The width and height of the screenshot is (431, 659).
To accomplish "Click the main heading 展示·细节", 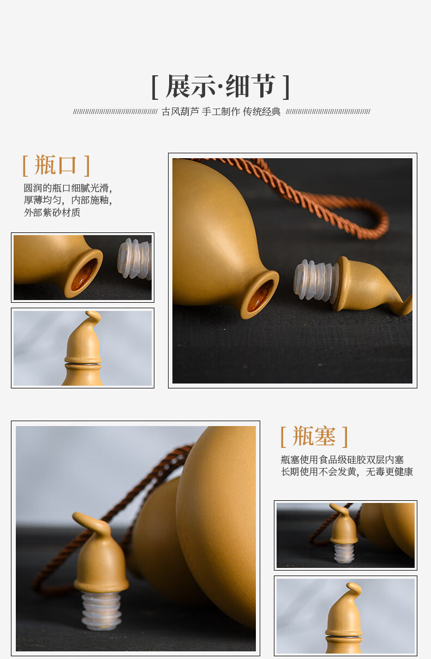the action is click(x=221, y=86).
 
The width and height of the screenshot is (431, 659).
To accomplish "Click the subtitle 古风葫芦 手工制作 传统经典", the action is click(x=221, y=112).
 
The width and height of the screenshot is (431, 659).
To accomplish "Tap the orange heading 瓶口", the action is click(x=56, y=165).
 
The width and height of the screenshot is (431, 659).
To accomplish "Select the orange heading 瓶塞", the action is click(x=314, y=436).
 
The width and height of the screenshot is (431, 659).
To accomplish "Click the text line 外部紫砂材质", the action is click(x=52, y=212).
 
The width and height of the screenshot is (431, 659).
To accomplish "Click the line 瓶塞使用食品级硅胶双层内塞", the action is click(x=342, y=459).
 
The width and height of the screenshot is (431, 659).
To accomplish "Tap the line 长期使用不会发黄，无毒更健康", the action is click(x=347, y=471).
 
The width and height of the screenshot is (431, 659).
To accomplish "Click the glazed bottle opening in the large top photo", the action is click(x=260, y=295).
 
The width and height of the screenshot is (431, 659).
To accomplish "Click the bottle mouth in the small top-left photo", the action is click(x=83, y=274).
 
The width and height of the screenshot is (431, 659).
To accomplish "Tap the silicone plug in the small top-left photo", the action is click(x=134, y=259).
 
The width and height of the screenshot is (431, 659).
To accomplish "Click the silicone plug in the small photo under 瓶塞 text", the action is click(x=344, y=553).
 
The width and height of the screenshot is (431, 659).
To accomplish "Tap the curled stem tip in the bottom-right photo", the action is click(x=354, y=588).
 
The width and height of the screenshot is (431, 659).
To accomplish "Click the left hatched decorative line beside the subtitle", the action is click(x=115, y=112).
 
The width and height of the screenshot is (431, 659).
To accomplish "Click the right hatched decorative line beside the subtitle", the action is click(x=328, y=112).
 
